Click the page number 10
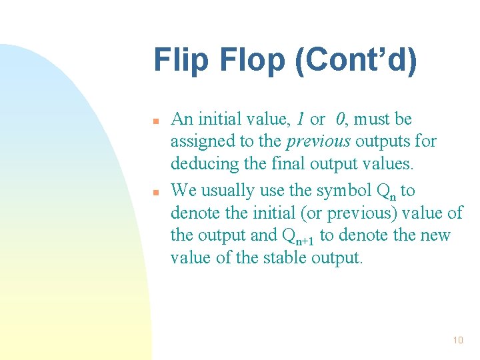pyautogui.click(x=457, y=341)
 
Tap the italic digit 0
pyautogui.click(x=341, y=120)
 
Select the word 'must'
pyautogui.click(x=375, y=120)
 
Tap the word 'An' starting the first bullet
pyautogui.click(x=181, y=120)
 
